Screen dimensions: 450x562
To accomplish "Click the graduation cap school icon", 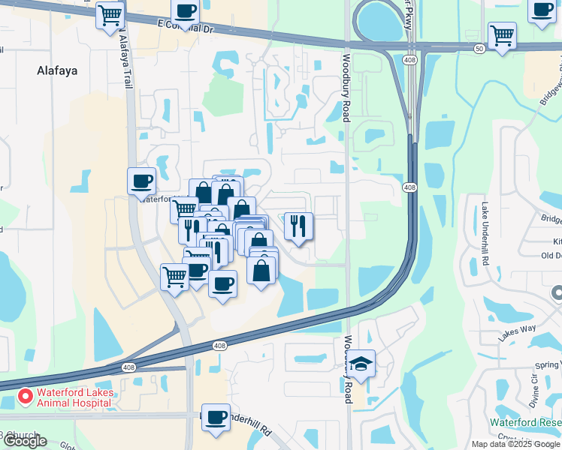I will point(361,364).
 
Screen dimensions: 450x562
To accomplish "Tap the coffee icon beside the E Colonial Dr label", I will point(185,12).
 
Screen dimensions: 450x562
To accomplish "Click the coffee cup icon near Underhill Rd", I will point(216,415).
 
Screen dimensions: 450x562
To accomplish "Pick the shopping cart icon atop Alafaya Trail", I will point(110,14).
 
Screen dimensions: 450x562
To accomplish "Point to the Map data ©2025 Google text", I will point(515,444).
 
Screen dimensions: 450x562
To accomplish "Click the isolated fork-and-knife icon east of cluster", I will point(298,225).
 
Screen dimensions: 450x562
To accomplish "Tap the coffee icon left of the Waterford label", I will point(141,180).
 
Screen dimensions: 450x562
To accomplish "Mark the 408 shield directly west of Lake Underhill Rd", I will point(409,187).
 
